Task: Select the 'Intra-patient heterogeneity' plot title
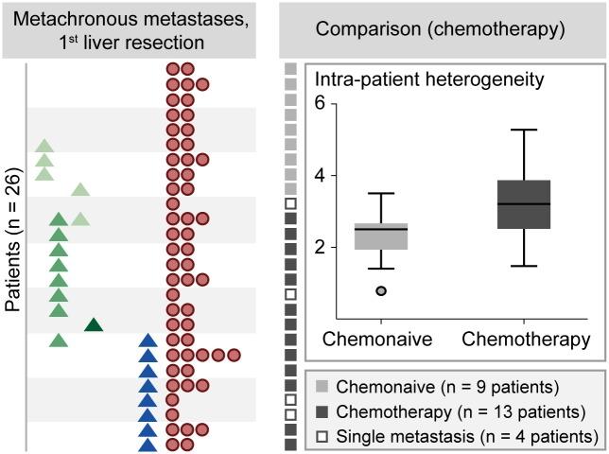pos(428,79)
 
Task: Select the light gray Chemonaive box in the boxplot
pos(381,236)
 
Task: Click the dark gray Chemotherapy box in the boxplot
pos(524,204)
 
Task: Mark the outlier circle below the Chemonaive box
pos(381,291)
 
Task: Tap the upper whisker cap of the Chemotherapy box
pos(524,130)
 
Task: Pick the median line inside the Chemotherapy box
pos(524,203)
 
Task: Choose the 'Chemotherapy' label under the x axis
pos(524,340)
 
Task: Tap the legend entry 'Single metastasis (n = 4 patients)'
pos(454,435)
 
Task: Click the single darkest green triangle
pos(94,325)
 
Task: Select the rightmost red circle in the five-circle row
pos(234,356)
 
